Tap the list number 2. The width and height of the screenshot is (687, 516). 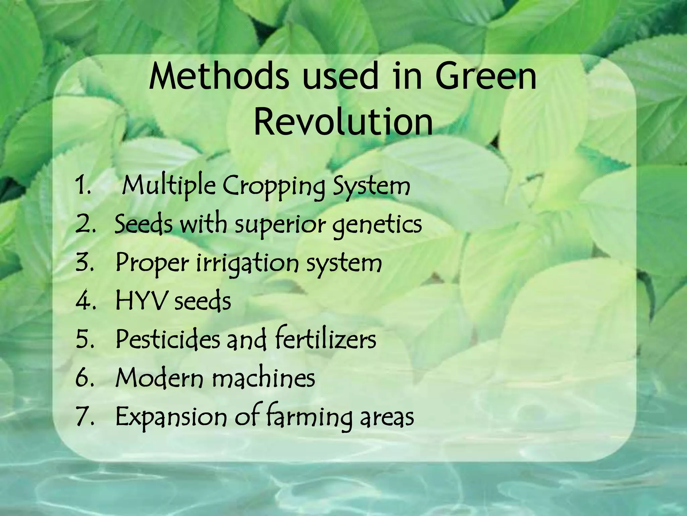coord(85,224)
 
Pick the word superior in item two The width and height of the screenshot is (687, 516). coord(280,225)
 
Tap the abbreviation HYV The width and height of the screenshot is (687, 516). coord(141,301)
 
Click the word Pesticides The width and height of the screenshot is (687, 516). coord(168,339)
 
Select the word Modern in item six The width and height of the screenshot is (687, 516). coord(159,378)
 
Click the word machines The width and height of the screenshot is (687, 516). coord(263,378)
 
